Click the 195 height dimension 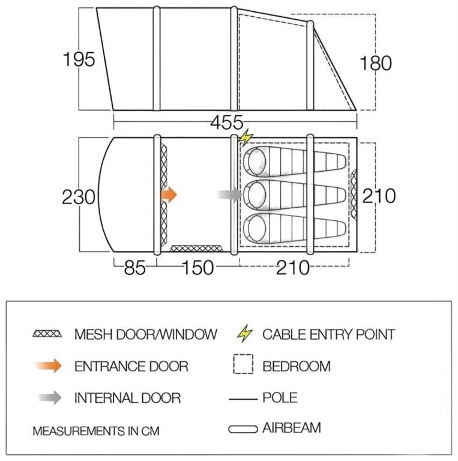point(79,59)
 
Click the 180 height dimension point(376,63)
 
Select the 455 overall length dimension point(227,122)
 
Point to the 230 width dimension point(79,197)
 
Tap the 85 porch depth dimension point(134,268)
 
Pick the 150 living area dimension point(197,268)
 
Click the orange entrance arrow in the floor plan point(169,194)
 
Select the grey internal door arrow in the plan point(229,194)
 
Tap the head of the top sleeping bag point(256,161)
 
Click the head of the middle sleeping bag point(256,194)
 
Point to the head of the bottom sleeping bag point(256,228)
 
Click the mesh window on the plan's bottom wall point(196,249)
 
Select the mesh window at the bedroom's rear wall point(354,194)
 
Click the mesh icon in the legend point(47,334)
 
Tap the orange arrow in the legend point(49,366)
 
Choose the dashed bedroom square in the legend point(243,364)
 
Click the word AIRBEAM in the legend point(291,428)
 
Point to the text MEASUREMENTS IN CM point(96,431)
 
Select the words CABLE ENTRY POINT point(328,334)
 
